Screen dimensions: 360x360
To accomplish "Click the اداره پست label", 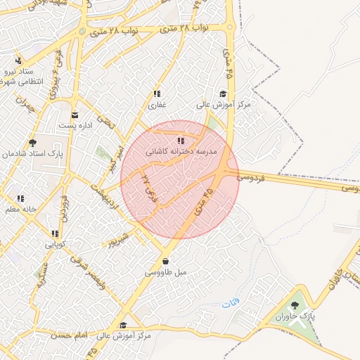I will tap(74, 125).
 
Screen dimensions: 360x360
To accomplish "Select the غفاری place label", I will tap(155, 104).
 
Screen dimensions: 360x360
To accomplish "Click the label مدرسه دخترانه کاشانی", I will tap(181, 151).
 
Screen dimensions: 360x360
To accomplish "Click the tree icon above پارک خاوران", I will tap(294, 304).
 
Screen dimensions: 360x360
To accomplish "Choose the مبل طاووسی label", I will tap(165, 271).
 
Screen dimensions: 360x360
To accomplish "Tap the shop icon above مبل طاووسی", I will tap(165, 262).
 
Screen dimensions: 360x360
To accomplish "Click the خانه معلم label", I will tap(20, 209).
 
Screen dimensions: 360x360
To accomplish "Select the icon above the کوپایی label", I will tap(54, 233).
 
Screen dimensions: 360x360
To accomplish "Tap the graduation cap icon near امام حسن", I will tap(123, 325).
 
